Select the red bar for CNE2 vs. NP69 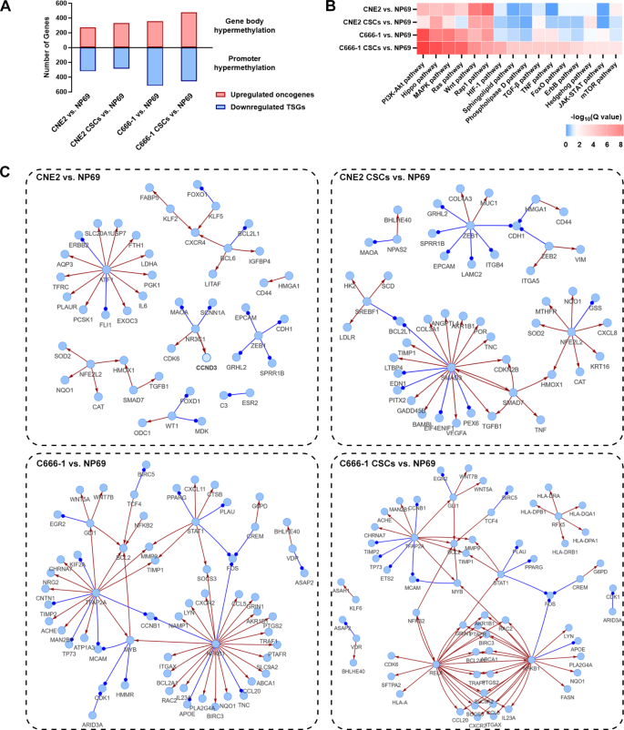pyautogui.click(x=87, y=37)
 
